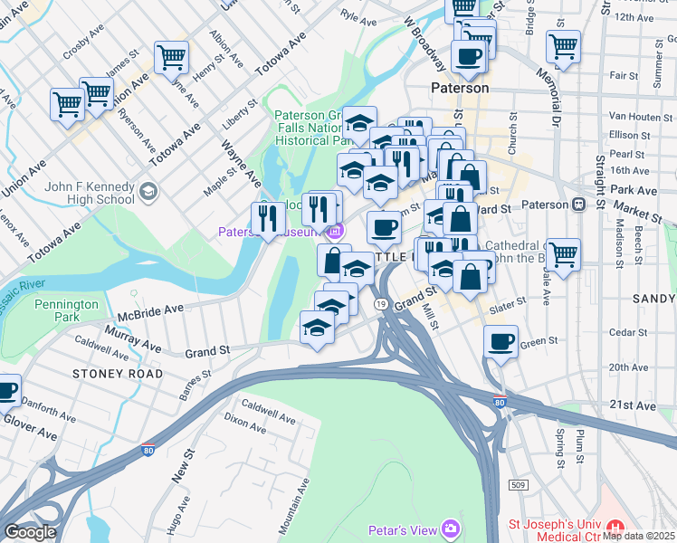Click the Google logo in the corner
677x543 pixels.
click(x=29, y=532)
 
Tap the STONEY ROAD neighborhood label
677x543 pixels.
click(x=119, y=373)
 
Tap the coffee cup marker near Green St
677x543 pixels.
click(x=501, y=342)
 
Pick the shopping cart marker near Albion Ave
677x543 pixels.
click(x=171, y=57)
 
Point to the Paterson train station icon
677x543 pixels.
click(x=574, y=204)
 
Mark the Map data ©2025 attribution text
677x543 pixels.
click(x=637, y=535)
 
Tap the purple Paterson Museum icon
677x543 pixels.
click(x=336, y=231)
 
